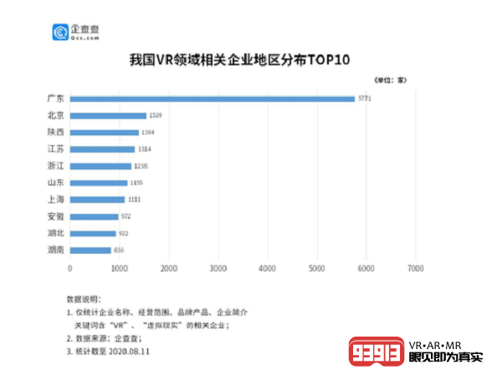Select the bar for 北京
tap(108, 115)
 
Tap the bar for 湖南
tap(90, 250)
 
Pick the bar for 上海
tap(97, 200)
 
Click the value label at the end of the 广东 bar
tap(366, 99)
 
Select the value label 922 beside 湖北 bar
tap(123, 233)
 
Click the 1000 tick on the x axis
tap(119, 269)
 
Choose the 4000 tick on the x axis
tap(268, 269)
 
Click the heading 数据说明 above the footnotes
tap(83, 298)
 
